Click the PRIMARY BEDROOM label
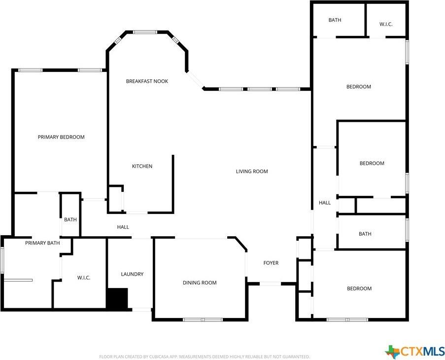(x=61, y=137)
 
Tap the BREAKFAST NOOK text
(x=147, y=81)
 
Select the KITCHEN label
(x=142, y=166)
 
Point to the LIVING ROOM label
(x=252, y=171)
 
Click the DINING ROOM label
(x=200, y=283)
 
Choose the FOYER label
(x=271, y=263)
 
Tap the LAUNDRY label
(x=132, y=274)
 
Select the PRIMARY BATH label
(x=42, y=243)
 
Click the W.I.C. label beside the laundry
(x=84, y=278)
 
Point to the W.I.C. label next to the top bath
(x=386, y=25)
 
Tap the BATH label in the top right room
(x=335, y=20)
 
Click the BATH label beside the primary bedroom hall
(x=70, y=219)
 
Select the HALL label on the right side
(x=325, y=203)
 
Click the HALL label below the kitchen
(x=123, y=227)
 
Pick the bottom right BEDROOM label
(x=359, y=288)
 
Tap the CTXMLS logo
(x=414, y=351)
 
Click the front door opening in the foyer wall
(x=270, y=284)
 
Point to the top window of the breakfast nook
(x=145, y=32)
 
